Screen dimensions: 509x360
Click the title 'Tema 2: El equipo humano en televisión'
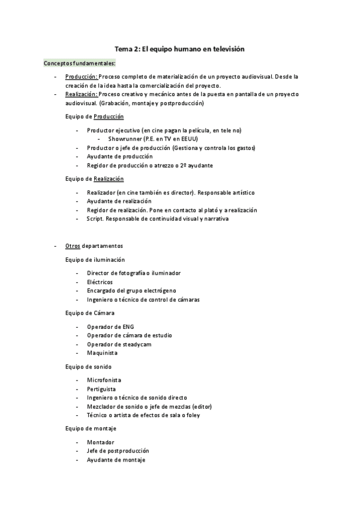[x=180, y=49]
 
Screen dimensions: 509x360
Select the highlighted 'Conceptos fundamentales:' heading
[x=80, y=63]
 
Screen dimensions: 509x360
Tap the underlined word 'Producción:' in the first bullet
[x=82, y=77]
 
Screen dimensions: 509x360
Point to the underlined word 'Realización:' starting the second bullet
[x=82, y=94]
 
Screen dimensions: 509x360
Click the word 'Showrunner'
[x=125, y=139]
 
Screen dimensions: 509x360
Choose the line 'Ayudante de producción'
[x=119, y=156]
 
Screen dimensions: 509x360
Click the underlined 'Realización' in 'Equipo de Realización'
[x=109, y=178]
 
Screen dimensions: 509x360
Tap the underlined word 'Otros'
[x=73, y=246]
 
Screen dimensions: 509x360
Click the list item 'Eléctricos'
[x=100, y=282]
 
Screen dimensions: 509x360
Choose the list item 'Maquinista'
[x=102, y=353]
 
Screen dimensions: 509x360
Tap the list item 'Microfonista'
[x=104, y=380]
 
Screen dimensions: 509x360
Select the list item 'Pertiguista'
[x=101, y=388]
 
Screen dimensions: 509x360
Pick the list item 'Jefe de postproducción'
[x=118, y=451]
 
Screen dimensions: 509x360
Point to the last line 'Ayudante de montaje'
[x=116, y=460]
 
